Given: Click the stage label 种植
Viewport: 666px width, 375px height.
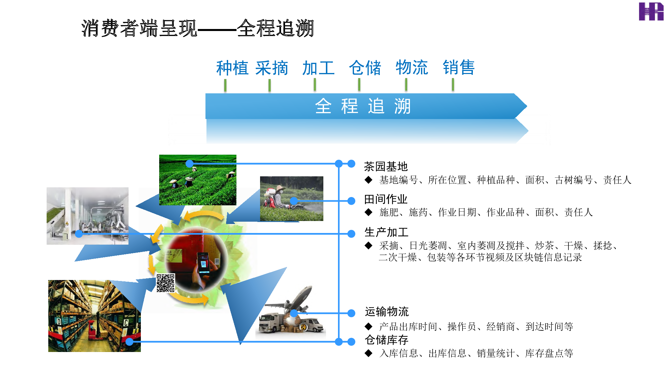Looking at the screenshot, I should coord(232,68).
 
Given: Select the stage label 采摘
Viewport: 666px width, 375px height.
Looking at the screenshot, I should coord(272,68).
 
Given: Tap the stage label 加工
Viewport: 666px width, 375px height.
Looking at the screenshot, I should coord(318,68).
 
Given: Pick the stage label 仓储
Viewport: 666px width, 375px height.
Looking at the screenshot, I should coord(365,68).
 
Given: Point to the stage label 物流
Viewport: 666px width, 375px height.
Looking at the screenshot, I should coord(412,68).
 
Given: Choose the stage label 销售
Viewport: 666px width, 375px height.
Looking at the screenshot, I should coord(459,68).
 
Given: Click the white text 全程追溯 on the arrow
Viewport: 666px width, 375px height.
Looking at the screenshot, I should coord(363,106).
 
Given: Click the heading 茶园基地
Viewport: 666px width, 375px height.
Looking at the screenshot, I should coord(386,166).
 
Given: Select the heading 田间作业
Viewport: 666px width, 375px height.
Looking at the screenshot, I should coord(386,199).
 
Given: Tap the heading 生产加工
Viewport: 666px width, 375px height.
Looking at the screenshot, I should coord(386,232).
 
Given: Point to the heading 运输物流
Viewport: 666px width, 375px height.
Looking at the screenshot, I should coord(387,312).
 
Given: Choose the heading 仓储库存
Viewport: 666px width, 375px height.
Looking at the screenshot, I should coord(386,340).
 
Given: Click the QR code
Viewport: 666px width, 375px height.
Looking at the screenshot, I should coord(166,283).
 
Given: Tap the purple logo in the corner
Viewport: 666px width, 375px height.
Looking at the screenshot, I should coord(651,12).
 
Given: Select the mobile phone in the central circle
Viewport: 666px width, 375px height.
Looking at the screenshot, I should coord(203,263).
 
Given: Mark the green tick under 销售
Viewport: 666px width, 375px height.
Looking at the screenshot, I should coord(453,84).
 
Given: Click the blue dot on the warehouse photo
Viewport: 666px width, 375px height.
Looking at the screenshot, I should coord(129,342).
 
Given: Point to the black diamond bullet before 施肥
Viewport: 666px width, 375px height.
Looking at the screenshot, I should coord(368,212).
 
